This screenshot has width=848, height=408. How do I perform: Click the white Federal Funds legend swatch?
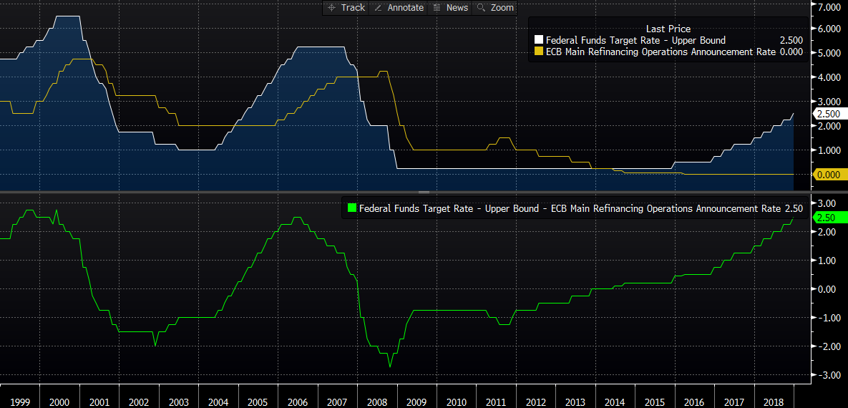click(539, 40)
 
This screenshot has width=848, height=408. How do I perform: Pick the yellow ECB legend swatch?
click(539, 52)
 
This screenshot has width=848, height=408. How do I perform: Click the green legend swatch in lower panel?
click(351, 208)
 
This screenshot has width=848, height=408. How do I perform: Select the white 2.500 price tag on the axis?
click(830, 113)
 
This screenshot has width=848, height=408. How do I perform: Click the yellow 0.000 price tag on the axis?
click(830, 174)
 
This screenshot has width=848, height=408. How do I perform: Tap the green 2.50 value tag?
click(829, 218)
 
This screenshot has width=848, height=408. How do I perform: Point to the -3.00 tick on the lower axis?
click(828, 374)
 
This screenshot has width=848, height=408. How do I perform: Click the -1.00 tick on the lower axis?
click(828, 317)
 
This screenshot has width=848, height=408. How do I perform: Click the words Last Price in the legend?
click(668, 29)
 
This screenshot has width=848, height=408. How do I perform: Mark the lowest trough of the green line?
click(390, 366)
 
